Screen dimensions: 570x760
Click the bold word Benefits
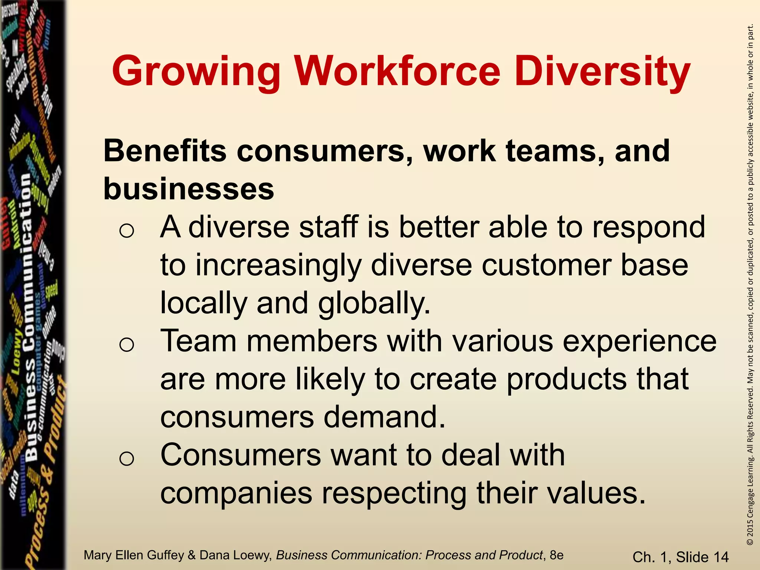pos(165,151)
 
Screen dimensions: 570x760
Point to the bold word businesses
pos(189,189)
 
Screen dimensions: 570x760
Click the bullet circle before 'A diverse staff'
pos(127,231)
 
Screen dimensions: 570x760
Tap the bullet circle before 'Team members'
pos(127,345)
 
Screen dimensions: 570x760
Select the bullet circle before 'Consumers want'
pos(127,459)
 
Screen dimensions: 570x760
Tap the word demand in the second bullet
pos(384,417)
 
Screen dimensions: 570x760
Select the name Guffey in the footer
pos(166,555)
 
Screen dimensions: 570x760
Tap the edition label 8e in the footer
pos(556,555)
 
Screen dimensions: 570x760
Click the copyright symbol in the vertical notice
pos(750,542)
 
